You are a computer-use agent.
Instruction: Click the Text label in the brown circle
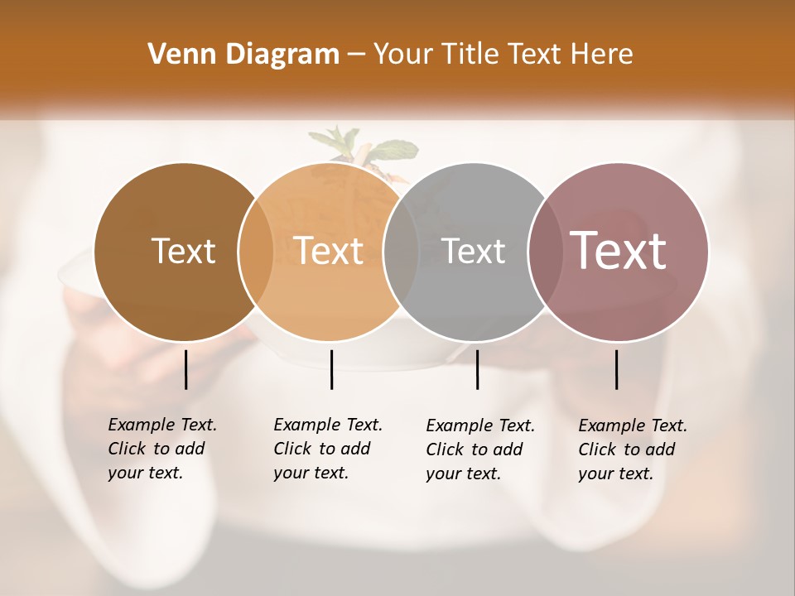click(x=183, y=252)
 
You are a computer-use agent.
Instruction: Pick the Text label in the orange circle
click(x=329, y=252)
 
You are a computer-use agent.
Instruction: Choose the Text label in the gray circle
click(x=473, y=252)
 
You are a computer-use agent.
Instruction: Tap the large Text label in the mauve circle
click(x=619, y=251)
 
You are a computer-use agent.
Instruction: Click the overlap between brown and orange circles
click(x=256, y=252)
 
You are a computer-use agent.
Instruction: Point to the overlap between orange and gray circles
click(x=401, y=252)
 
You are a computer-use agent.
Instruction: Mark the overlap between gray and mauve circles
click(x=546, y=252)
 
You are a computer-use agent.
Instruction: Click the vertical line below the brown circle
click(x=186, y=369)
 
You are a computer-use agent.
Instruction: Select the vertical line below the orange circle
click(x=331, y=369)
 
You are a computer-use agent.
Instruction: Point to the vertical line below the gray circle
click(x=478, y=369)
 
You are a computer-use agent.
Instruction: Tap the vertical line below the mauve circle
click(x=617, y=369)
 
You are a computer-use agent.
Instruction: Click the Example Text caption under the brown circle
click(x=161, y=449)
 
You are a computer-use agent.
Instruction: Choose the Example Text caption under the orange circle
click(x=327, y=449)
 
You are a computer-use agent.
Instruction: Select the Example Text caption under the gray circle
click(x=479, y=449)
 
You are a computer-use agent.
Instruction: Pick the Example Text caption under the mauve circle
click(x=632, y=449)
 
